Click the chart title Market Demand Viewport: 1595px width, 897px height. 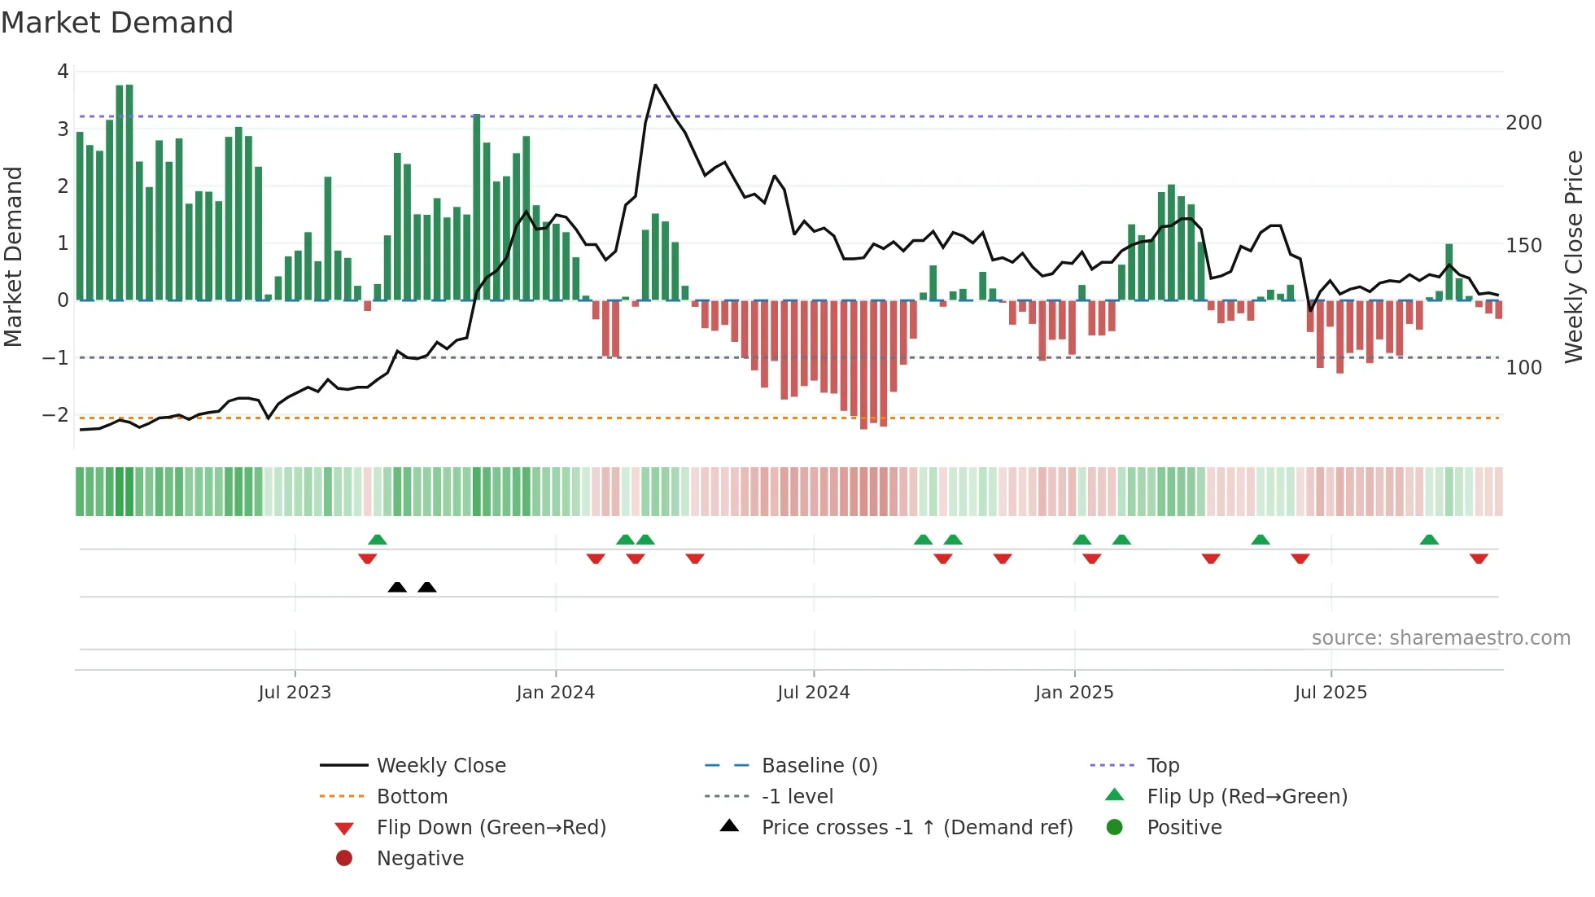[x=117, y=23]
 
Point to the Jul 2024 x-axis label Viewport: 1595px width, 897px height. [x=813, y=693]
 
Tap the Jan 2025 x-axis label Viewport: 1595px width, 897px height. [x=1073, y=693]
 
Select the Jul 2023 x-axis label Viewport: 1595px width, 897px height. [x=295, y=693]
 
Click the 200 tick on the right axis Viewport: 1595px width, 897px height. [x=1523, y=123]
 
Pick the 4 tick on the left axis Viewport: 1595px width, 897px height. [x=63, y=72]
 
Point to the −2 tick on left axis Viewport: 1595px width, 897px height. [x=55, y=415]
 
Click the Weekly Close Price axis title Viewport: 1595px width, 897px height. [x=1574, y=256]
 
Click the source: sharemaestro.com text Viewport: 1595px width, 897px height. [x=1440, y=638]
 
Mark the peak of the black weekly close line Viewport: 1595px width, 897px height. [x=655, y=85]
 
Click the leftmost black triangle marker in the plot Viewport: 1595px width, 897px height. [x=397, y=587]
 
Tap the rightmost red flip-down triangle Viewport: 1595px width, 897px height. [x=1479, y=558]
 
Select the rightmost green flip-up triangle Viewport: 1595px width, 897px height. [x=1429, y=540]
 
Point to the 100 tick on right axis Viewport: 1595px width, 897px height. [x=1523, y=368]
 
